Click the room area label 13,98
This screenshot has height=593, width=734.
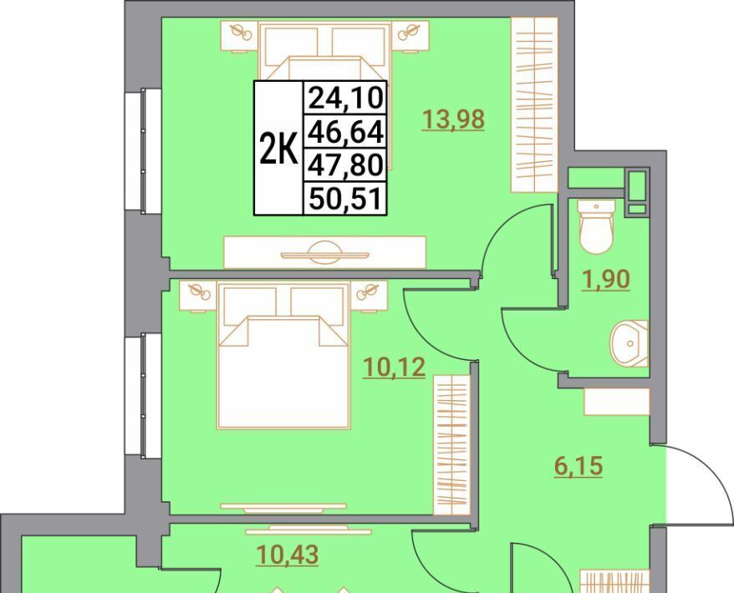[x=453, y=119]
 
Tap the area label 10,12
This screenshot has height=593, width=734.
[x=395, y=367]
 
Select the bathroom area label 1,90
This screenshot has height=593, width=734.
[x=606, y=280]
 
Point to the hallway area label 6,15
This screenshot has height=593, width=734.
[x=579, y=467]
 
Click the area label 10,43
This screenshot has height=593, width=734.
[x=288, y=555]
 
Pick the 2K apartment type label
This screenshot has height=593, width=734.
[x=278, y=149]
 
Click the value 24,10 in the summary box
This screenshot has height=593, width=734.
[x=346, y=99]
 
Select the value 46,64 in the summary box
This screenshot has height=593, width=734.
[x=346, y=132]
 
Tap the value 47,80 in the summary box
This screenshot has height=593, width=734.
[x=346, y=165]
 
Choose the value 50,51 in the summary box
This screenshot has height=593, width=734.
[x=345, y=198]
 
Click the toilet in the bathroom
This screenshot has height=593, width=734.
[x=595, y=227]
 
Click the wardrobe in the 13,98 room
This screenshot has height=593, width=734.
[x=534, y=104]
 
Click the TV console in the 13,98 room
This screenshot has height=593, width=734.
[x=325, y=252]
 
